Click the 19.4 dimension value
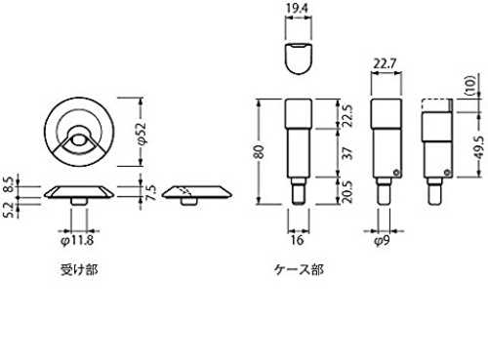pyautogui.click(x=297, y=9)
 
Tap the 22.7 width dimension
pyautogui.click(x=386, y=63)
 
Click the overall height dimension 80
pyautogui.click(x=259, y=152)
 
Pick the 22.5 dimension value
pyautogui.click(x=347, y=116)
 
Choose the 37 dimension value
pyautogui.click(x=347, y=153)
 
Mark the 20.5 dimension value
pyautogui.click(x=347, y=192)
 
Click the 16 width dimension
pyautogui.click(x=297, y=240)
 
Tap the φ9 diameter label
pyautogui.click(x=382, y=241)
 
